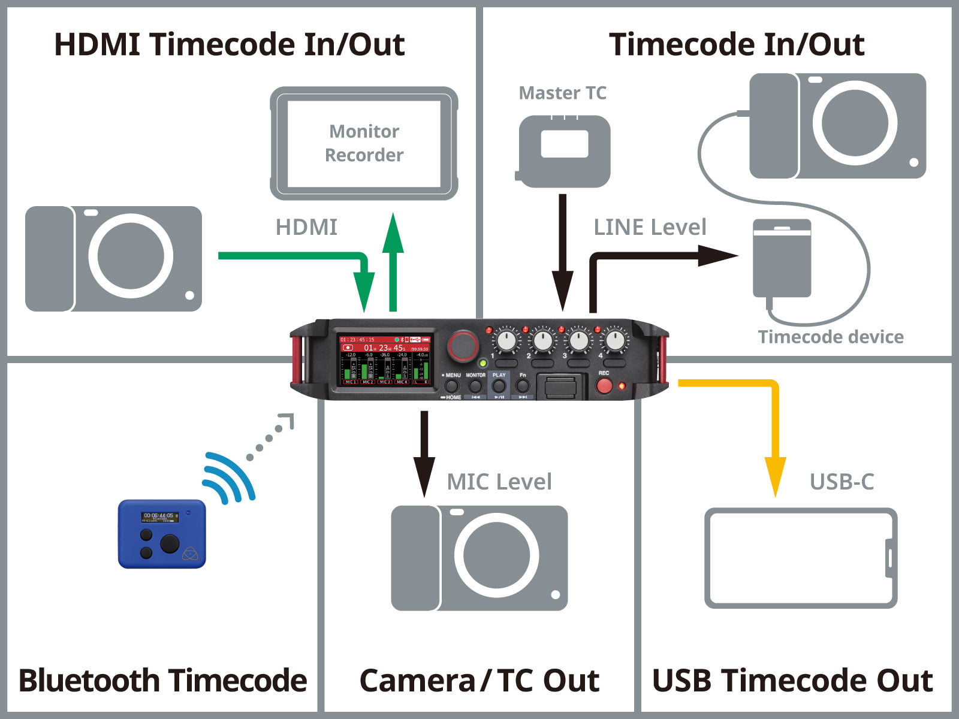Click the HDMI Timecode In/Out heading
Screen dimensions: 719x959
pos(230,45)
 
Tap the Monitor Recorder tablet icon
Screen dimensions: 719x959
pos(364,143)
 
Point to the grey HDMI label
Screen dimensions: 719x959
pos(306,228)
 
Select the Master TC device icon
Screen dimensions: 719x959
pos(563,150)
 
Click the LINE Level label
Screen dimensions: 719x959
pos(650,228)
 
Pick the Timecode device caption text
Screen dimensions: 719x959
pos(830,337)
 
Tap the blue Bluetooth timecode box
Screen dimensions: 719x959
pos(162,533)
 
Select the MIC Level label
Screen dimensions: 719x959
pos(499,482)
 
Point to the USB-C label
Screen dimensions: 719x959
pos(842,482)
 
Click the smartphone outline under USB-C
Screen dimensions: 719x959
pos(800,558)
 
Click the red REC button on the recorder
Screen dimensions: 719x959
pos(604,385)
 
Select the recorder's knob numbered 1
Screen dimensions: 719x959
pos(506,341)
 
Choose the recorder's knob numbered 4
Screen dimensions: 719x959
pos(615,341)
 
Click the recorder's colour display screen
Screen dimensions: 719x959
pos(385,359)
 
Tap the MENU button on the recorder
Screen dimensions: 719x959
pos(453,386)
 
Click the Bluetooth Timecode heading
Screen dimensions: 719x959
pos(162,681)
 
